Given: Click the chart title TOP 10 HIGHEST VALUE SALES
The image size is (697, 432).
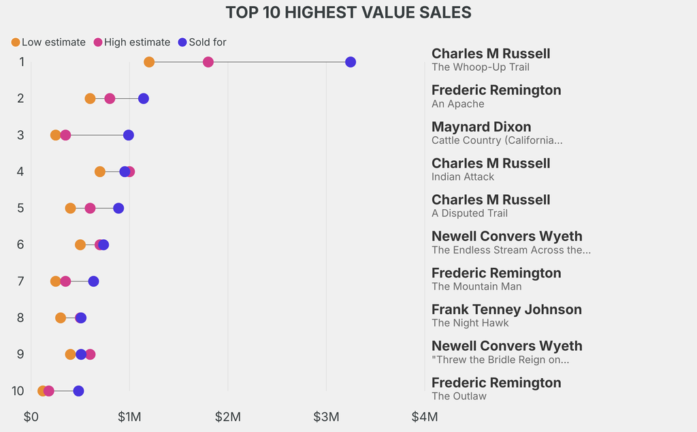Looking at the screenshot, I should click(x=348, y=12).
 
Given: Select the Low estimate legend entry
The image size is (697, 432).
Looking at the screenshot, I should click(x=48, y=42).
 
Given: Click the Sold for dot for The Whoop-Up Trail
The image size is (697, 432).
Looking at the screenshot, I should click(x=351, y=62).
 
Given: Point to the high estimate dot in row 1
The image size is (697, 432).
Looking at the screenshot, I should click(x=208, y=62).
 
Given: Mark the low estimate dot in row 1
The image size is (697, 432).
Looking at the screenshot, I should click(x=149, y=62).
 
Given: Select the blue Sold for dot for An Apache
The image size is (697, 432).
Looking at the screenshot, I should click(x=144, y=99).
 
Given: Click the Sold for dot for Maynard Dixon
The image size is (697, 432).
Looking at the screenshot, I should click(x=129, y=135).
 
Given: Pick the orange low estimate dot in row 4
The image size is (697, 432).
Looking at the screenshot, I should click(x=100, y=172).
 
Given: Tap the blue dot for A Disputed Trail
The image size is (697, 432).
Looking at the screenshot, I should click(x=118, y=208).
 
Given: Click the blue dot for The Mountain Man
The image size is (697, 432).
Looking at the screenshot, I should click(x=94, y=281).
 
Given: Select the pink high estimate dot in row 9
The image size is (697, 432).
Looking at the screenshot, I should click(x=91, y=354).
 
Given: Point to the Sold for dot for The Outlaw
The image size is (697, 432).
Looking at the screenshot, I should click(x=78, y=391).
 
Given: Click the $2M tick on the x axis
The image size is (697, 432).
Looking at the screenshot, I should click(x=228, y=416).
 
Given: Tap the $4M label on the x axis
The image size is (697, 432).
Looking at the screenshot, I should click(x=424, y=416).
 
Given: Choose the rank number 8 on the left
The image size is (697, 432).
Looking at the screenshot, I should click(x=20, y=318).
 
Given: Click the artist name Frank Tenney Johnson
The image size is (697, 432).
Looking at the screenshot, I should click(x=506, y=309).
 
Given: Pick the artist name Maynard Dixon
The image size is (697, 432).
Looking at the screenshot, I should click(x=481, y=127).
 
